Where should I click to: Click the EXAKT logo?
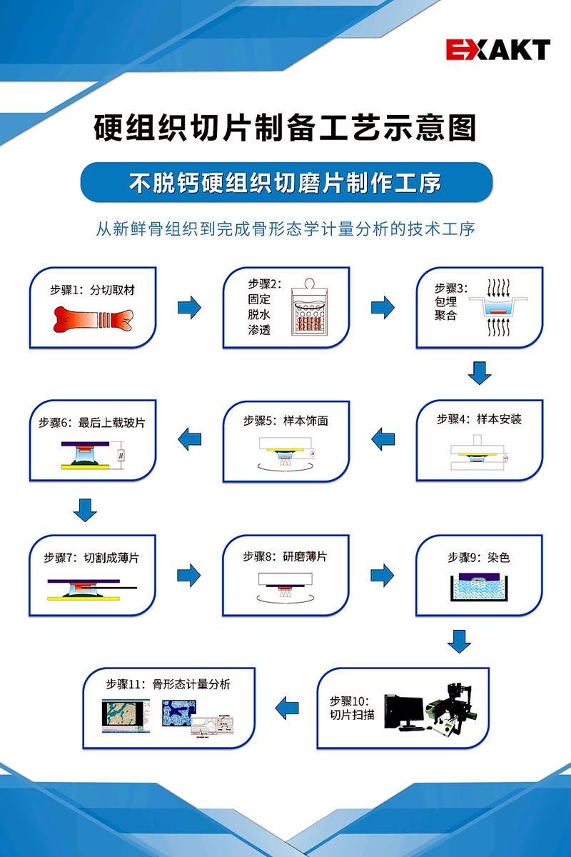click(x=498, y=49)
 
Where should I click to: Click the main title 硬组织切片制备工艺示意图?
click(x=285, y=129)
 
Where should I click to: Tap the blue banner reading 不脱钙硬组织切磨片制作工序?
click(x=285, y=183)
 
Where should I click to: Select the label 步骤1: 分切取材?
click(x=93, y=290)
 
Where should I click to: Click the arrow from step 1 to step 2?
click(x=189, y=308)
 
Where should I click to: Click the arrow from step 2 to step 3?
click(x=383, y=308)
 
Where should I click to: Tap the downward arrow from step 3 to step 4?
click(x=480, y=373)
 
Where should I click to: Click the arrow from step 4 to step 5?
click(x=383, y=438)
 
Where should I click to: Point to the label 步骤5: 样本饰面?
click(x=285, y=421)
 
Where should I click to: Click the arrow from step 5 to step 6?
click(x=189, y=438)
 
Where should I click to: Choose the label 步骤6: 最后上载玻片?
click(x=92, y=422)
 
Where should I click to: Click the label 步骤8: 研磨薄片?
click(x=285, y=556)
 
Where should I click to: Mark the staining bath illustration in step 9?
click(x=479, y=588)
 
